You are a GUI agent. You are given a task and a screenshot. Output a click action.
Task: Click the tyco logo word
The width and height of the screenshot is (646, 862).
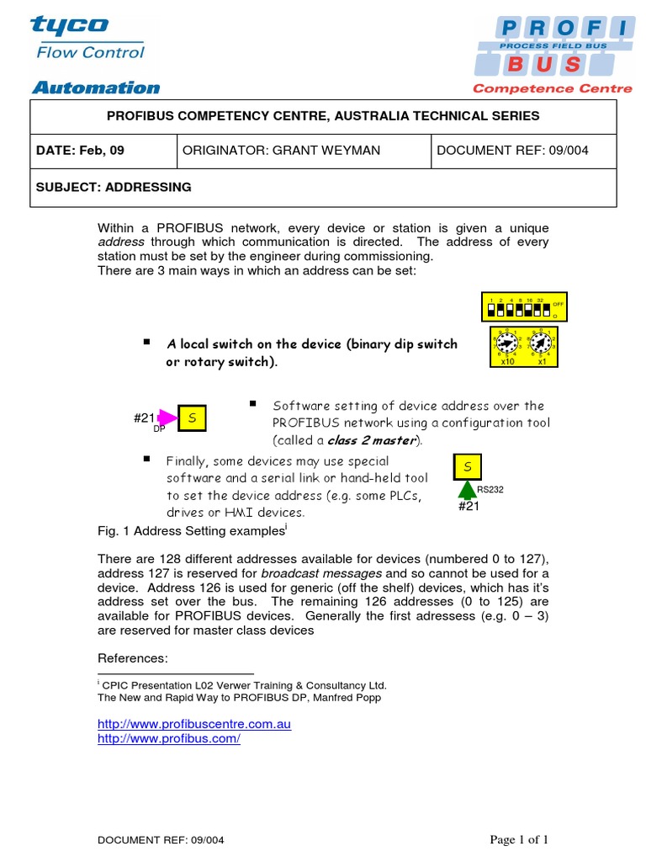point(70,25)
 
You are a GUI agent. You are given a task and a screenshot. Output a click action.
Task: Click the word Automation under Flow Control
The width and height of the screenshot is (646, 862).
point(96,88)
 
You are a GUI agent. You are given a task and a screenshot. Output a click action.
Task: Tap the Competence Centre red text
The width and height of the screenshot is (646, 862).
point(553,88)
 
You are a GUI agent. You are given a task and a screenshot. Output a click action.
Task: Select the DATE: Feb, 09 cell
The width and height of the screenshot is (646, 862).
point(81,151)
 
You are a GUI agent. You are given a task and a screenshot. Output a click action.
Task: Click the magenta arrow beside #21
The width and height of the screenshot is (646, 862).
point(168,418)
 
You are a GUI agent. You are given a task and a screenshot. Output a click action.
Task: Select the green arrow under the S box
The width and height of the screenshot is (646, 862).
point(466,490)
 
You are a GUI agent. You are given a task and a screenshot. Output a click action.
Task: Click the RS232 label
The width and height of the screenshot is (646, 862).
point(490,489)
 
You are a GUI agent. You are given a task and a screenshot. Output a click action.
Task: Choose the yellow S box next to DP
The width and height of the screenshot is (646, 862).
point(191,418)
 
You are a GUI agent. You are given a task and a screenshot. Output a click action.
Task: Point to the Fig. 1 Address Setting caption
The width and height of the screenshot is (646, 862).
point(192,531)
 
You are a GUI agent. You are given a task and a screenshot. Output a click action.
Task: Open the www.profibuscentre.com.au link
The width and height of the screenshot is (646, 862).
point(194,724)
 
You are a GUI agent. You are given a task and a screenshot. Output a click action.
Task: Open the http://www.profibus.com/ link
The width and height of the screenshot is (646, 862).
point(169,738)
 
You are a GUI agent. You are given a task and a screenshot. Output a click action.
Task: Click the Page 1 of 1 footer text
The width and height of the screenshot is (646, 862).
point(520,839)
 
